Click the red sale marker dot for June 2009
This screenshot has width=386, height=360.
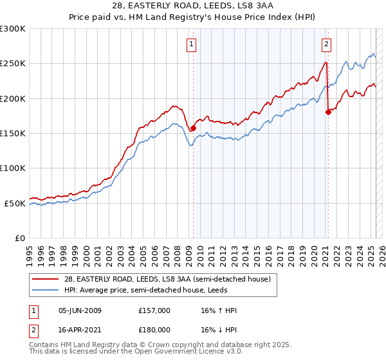(193, 129)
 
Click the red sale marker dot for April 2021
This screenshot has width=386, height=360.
(328, 112)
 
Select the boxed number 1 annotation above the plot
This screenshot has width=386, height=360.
(192, 44)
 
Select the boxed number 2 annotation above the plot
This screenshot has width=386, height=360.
(327, 44)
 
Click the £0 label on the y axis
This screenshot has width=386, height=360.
(19, 238)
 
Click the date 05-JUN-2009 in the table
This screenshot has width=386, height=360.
(80, 310)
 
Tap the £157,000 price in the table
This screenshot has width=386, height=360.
(154, 310)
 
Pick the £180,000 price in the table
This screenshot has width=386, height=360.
(154, 329)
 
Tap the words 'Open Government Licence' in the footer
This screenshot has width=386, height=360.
(181, 352)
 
